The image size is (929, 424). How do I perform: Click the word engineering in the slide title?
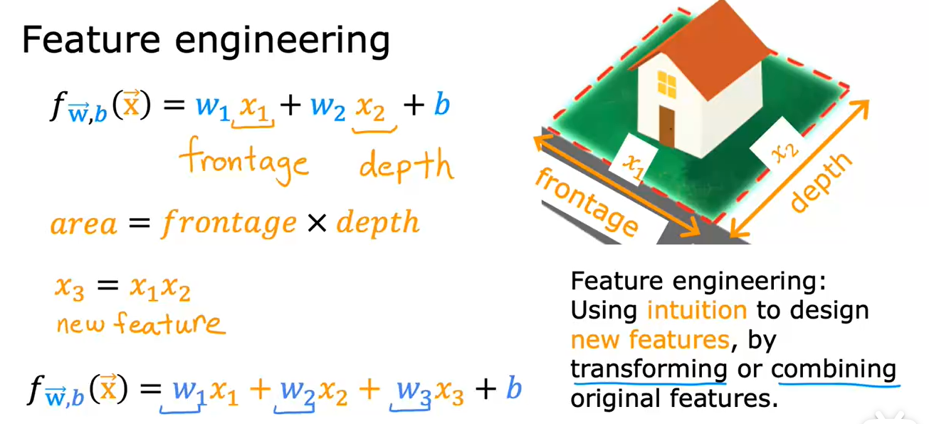[283, 43]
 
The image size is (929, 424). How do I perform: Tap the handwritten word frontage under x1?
[243, 162]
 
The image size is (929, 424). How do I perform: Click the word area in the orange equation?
[84, 224]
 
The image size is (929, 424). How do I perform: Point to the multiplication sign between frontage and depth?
[317, 224]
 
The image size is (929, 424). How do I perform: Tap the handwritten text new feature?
[140, 324]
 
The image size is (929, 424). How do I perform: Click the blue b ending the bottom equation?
[513, 388]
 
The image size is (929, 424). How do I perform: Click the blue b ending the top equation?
[441, 107]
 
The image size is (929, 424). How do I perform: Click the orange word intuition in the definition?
[697, 310]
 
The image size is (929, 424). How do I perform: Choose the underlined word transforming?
[649, 369]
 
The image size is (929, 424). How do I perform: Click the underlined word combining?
[834, 369]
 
